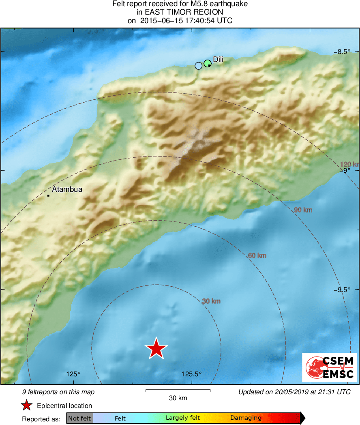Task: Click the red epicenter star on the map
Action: coord(156,348)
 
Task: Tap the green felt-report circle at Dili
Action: coord(208,63)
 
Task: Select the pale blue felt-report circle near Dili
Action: coord(198,66)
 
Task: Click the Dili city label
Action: coord(218,59)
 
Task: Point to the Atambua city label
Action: coord(67,189)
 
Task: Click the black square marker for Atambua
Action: coord(48,196)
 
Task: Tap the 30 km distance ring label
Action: coord(211,301)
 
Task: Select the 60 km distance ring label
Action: coord(257,255)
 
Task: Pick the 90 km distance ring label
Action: coord(303,210)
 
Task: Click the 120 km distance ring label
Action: coord(349,164)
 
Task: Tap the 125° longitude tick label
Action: coord(73,374)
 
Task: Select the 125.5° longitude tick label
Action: coord(191,374)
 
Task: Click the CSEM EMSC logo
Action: coord(330,367)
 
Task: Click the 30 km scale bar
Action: coord(178,391)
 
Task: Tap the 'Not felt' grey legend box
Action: coord(79,418)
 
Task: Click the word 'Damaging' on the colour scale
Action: coord(246,418)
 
